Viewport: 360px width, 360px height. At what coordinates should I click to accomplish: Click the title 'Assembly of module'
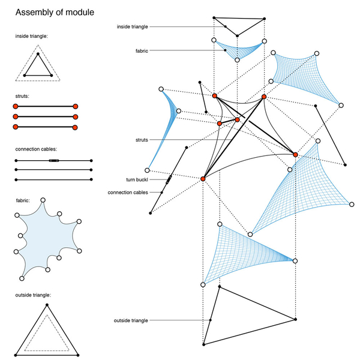54,12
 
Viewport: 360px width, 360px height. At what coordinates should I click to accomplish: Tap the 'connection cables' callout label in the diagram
128,193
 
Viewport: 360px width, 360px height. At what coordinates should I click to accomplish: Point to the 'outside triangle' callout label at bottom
131,321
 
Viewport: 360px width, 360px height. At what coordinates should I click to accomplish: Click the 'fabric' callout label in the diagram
143,51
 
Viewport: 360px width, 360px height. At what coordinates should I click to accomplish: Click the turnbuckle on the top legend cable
54,161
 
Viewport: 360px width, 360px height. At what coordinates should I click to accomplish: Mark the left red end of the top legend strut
16,106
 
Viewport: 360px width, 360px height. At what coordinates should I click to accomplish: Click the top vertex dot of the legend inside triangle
38,55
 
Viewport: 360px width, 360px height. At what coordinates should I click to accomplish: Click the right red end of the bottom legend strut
76,127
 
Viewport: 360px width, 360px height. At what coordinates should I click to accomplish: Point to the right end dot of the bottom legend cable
91,179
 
